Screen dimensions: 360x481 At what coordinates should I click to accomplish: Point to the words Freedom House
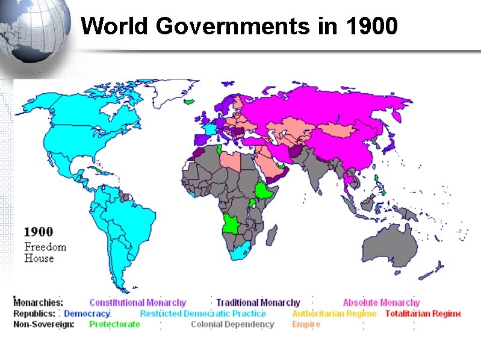pyautogui.click(x=45, y=252)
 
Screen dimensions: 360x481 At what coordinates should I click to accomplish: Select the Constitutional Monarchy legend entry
pyautogui.click(x=138, y=303)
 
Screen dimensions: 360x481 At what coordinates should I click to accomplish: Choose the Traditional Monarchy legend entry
pyautogui.click(x=258, y=303)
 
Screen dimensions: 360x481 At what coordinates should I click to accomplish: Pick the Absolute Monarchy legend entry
pyautogui.click(x=381, y=303)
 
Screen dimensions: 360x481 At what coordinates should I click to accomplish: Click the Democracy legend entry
pyautogui.click(x=87, y=314)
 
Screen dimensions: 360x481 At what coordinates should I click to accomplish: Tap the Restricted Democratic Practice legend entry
pyautogui.click(x=203, y=314)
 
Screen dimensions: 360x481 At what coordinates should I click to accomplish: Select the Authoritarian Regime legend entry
pyautogui.click(x=334, y=314)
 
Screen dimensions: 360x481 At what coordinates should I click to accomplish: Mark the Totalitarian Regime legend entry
pyautogui.click(x=423, y=314)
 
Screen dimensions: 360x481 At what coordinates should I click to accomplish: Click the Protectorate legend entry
pyautogui.click(x=114, y=324)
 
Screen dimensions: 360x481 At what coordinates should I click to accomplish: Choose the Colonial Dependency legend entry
pyautogui.click(x=232, y=324)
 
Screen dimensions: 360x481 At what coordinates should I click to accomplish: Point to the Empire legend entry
pyautogui.click(x=306, y=324)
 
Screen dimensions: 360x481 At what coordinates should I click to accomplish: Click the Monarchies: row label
pyautogui.click(x=38, y=303)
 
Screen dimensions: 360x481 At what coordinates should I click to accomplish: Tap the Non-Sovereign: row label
pyautogui.click(x=44, y=324)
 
